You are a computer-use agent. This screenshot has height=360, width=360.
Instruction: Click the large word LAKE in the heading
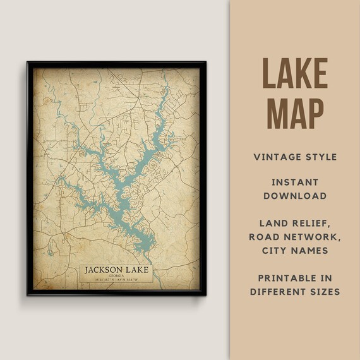coord(295,73)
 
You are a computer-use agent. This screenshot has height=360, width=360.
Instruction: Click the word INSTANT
coord(295,182)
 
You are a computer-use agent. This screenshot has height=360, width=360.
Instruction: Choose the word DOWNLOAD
coord(295,196)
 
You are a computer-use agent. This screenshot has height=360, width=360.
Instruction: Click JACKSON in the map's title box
coord(104,270)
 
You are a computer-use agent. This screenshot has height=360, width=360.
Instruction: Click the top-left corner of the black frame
coord(28,62)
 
